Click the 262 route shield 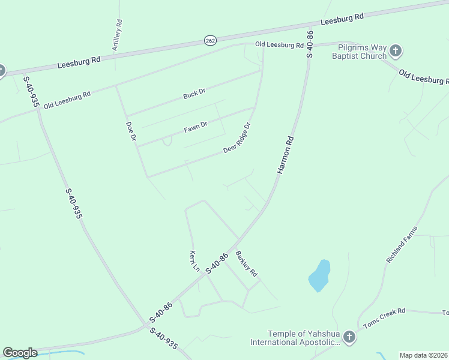pos(209,40)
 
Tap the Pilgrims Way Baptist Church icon pos(395,51)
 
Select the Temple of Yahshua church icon pos(350,338)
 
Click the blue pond pos(319,276)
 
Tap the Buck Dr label pos(194,94)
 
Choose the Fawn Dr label pos(196,127)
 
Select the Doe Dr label pos(131,131)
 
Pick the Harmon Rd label pos(286,155)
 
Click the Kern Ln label pos(194,260)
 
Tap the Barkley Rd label pos(246,263)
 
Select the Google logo pos(20,353)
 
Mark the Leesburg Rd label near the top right pos(342,19)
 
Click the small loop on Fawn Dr pos(167,141)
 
